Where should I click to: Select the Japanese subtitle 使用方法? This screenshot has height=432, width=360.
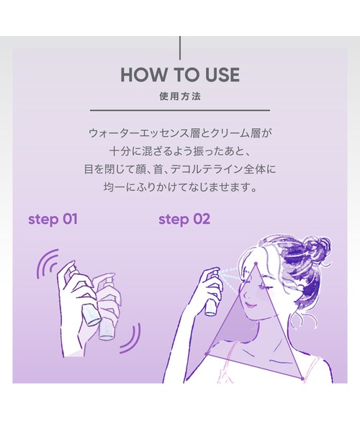179,96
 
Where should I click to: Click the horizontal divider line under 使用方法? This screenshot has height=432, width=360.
179,110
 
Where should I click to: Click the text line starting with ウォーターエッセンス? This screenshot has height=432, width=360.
179,134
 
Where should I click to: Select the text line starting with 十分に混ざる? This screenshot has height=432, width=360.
179,153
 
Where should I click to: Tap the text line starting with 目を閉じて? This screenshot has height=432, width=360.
179,171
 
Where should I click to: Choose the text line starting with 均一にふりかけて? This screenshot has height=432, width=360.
179,190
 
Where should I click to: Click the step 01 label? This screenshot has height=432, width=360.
53,218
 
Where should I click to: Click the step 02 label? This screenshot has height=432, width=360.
184,218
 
